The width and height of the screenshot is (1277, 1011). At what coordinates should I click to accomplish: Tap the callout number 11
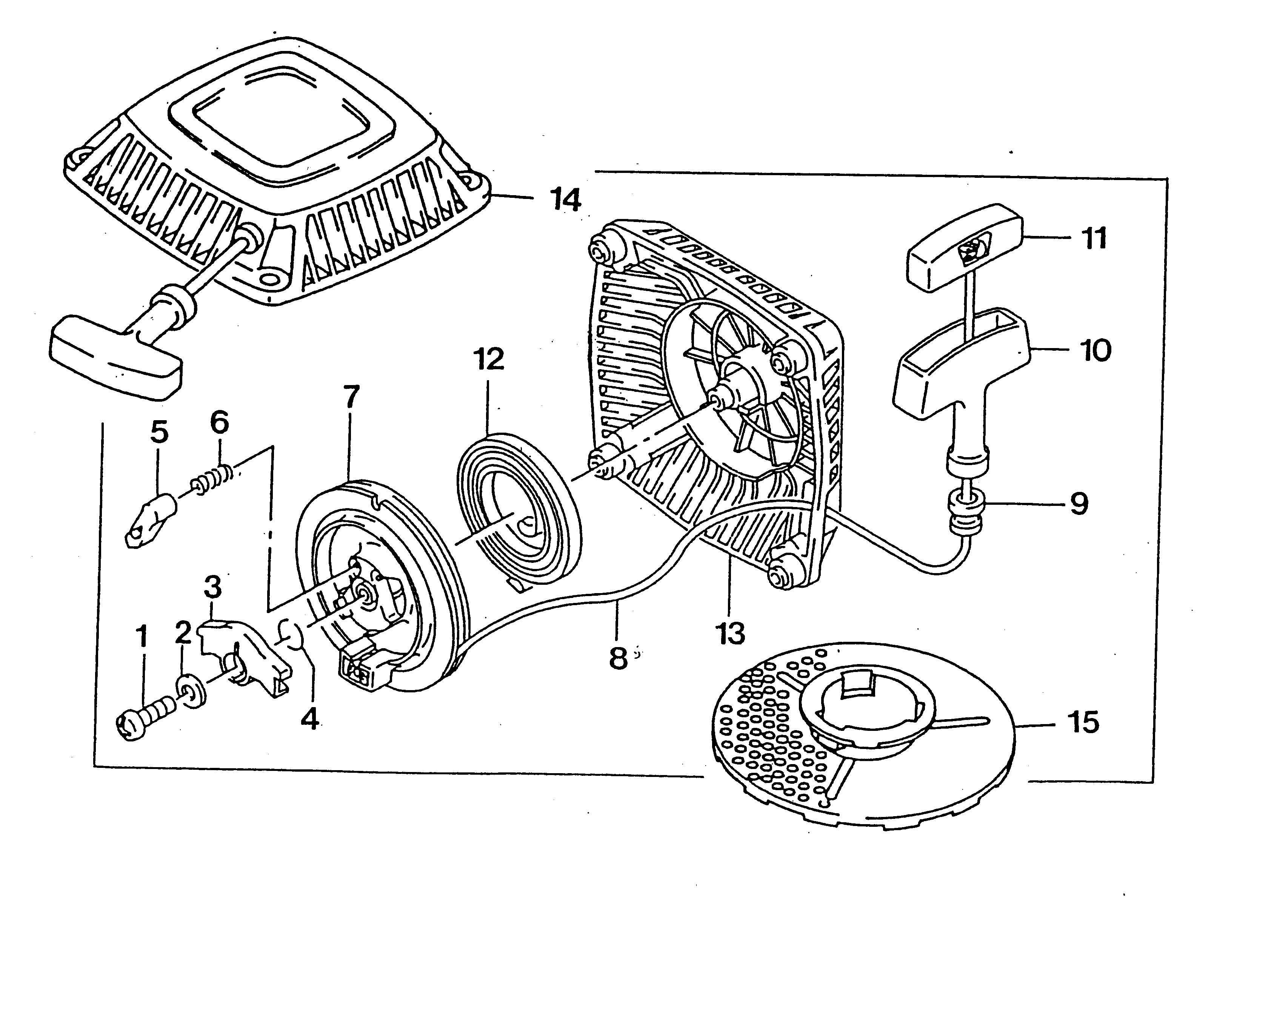pyautogui.click(x=1094, y=239)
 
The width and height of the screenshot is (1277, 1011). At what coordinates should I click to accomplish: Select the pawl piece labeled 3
pyautogui.click(x=243, y=651)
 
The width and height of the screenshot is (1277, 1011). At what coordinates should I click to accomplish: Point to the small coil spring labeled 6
pyautogui.click(x=215, y=477)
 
